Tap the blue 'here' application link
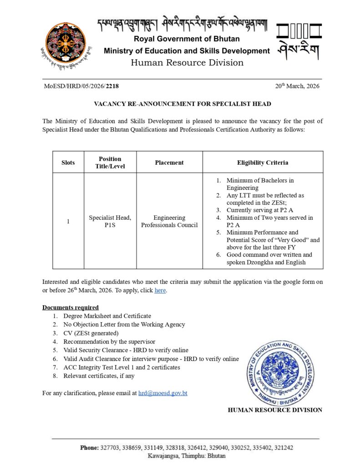[x=160, y=290]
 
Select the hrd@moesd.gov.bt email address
[x=162, y=393]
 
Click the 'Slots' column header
[x=68, y=162]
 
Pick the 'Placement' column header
[x=169, y=162]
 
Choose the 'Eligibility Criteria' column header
[x=263, y=162]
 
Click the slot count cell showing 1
[x=68, y=222]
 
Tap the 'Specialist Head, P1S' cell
[x=110, y=222]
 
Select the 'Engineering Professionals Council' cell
[x=169, y=222]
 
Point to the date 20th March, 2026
[x=297, y=86]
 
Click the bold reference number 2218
[x=112, y=86]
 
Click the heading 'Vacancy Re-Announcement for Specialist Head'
[x=182, y=104]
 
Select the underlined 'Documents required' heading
[x=71, y=307]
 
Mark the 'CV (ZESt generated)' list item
[x=91, y=333]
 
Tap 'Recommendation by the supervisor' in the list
[x=109, y=341]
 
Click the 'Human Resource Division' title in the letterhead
[x=187, y=63]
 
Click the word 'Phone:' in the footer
[x=89, y=448]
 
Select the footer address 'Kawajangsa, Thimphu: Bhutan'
[x=187, y=456]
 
